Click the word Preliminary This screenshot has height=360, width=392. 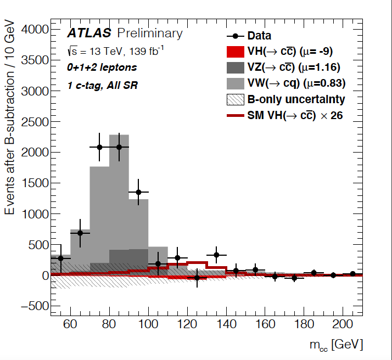click(149, 33)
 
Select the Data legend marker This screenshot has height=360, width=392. click(236, 37)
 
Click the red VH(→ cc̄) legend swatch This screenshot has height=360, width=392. click(236, 52)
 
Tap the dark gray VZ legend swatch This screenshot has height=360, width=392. click(236, 67)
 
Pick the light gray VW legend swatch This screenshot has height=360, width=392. click(236, 83)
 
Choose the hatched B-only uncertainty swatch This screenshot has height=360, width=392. click(236, 99)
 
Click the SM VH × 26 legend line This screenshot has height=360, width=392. click(236, 115)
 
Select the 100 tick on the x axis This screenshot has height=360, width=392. click(148, 324)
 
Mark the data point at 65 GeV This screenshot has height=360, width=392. click(80, 233)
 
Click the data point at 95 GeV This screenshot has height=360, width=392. click(138, 192)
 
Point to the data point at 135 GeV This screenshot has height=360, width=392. click(216, 255)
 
